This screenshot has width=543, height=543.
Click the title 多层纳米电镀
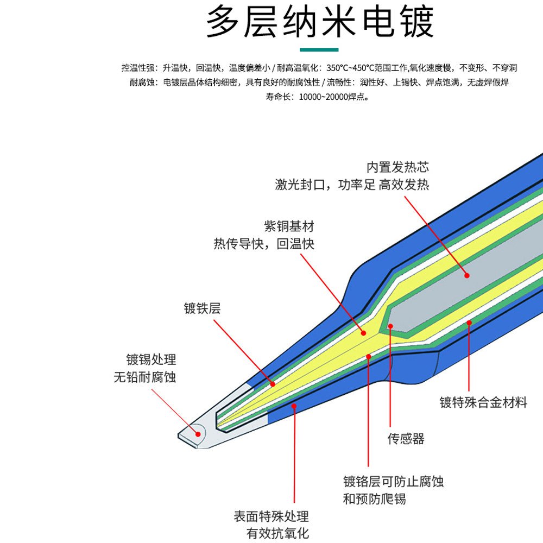pyautogui.click(x=320, y=23)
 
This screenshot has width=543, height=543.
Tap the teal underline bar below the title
pyautogui.click(x=320, y=50)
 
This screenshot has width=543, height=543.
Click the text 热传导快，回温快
pyautogui.click(x=264, y=244)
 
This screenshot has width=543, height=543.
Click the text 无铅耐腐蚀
pyautogui.click(x=145, y=377)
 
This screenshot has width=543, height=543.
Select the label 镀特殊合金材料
pyautogui.click(x=483, y=403)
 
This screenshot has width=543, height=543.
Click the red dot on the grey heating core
pyautogui.click(x=466, y=275)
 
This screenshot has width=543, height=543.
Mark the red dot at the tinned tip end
pyautogui.click(x=198, y=433)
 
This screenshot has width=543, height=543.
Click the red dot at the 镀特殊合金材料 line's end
pyautogui.click(x=470, y=323)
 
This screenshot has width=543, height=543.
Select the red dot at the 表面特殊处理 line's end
pyautogui.click(x=294, y=405)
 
